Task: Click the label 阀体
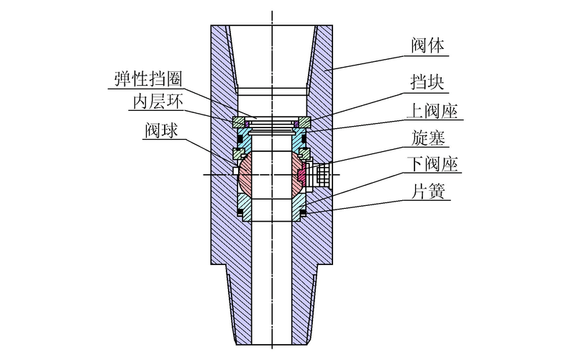(429, 47)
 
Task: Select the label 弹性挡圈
(146, 77)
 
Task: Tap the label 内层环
(155, 102)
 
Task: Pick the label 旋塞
(428, 137)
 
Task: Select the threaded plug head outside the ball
(322, 173)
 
